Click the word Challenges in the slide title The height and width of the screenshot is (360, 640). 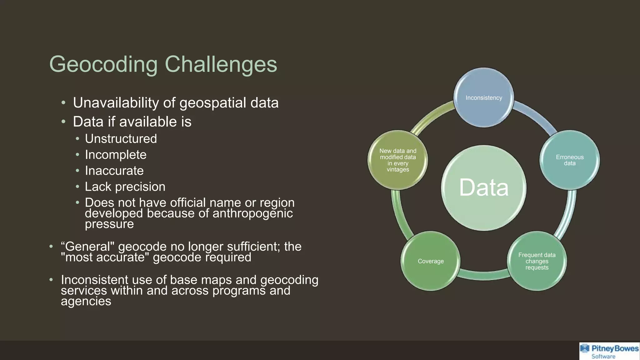pos(221,64)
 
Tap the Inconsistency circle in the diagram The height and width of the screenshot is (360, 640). pos(483,98)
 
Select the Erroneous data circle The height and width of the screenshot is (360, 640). pos(569,160)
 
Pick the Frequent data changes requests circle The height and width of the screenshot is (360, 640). pos(537,261)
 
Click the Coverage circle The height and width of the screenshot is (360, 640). pos(430,261)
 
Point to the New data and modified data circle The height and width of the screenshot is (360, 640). pos(397,160)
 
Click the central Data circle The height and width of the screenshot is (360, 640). pos(483,188)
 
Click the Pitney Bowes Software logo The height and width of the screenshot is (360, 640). pos(609,351)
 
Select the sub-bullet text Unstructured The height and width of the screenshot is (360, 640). pos(121,139)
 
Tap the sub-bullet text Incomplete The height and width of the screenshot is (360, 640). pos(115,155)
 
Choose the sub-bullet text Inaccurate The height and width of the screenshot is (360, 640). pos(114,171)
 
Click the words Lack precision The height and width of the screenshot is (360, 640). pos(125,187)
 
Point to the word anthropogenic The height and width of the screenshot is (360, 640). pos(252,213)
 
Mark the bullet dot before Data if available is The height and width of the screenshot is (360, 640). pos(63,122)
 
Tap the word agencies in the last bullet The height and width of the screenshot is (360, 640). pos(86,301)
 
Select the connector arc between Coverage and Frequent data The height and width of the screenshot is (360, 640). pos(483,275)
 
